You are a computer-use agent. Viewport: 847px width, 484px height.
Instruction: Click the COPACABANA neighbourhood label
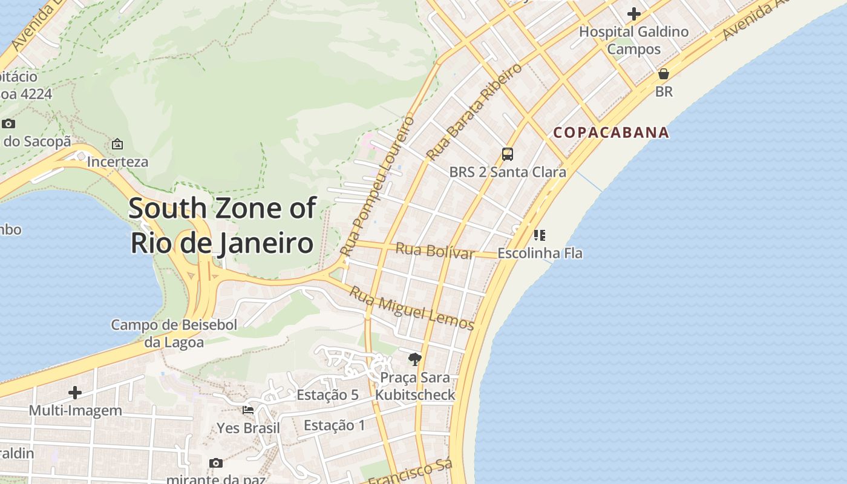(611, 132)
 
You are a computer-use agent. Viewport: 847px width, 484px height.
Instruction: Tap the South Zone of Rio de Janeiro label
(222, 225)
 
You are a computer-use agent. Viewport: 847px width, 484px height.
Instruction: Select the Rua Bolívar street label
(435, 250)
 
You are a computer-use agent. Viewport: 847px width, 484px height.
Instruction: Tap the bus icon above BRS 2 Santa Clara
(508, 154)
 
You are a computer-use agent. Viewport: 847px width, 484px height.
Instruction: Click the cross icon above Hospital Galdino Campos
(634, 13)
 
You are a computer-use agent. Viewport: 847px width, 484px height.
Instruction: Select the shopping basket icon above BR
(664, 74)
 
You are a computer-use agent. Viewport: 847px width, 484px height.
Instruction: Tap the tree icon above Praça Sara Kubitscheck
(414, 359)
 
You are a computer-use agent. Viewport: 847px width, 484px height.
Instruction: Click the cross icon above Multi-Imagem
(75, 393)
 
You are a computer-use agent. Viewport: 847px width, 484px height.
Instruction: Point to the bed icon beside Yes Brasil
(248, 410)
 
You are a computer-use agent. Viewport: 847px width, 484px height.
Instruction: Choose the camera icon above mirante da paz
(216, 463)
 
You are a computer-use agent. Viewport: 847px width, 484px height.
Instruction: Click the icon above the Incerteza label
(117, 144)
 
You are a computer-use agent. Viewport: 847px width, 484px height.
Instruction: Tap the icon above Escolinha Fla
(540, 235)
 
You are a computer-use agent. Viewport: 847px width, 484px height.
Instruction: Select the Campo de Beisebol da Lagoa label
(174, 333)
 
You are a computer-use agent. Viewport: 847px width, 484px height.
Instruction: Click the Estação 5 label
(327, 395)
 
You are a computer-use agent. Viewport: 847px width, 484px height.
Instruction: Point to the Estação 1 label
(335, 425)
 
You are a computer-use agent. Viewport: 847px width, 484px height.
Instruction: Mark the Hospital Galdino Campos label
(634, 40)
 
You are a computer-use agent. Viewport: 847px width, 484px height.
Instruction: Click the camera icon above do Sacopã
(8, 124)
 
